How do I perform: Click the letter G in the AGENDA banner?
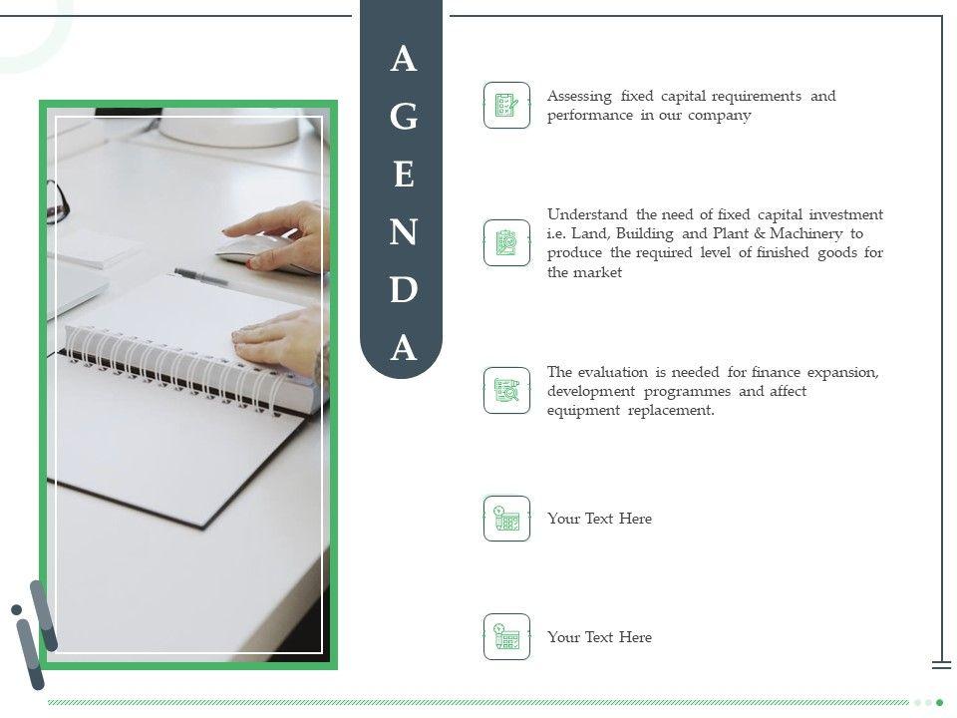pos(404,116)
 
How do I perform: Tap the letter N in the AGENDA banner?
pos(404,232)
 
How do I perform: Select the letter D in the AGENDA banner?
pos(404,289)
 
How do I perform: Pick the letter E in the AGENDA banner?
pos(404,174)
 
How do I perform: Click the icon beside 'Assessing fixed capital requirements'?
pos(506,105)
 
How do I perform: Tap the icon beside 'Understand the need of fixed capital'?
pos(506,243)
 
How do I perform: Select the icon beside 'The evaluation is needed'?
pos(506,390)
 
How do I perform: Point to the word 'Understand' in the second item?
pos(587,214)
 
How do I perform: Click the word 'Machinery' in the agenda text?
pos(805,233)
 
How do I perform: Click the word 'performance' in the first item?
pos(589,116)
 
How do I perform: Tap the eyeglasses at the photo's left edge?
pos(57,201)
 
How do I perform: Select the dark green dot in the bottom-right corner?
pos(940,703)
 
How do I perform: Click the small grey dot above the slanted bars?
pos(17,609)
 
